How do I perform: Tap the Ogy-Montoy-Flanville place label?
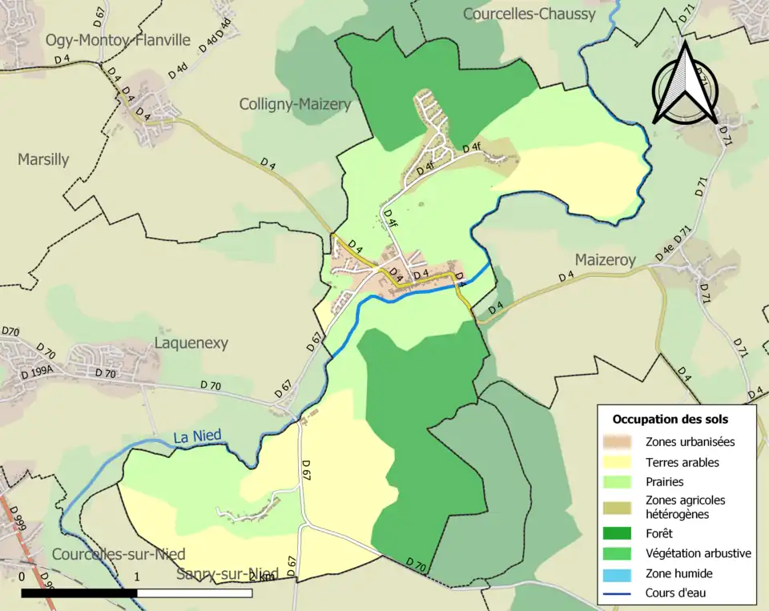[x=118, y=40]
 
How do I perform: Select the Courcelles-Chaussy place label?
[x=529, y=14]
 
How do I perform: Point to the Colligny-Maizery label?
[x=295, y=104]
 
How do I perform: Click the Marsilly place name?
[x=43, y=159]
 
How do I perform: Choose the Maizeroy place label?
[x=605, y=260]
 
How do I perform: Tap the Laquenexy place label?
[x=191, y=344]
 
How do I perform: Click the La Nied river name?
[x=197, y=436]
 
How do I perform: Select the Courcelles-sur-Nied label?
[x=119, y=554]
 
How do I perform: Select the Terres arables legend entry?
[x=682, y=462]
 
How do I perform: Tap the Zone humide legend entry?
[x=678, y=573]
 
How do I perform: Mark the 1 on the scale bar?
[x=137, y=577]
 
